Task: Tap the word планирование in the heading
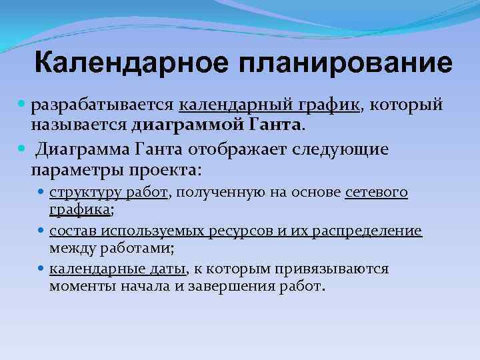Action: pos(340,64)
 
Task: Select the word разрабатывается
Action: pos(102,105)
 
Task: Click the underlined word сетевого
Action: pos(377,193)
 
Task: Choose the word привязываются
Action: pos(335,269)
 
